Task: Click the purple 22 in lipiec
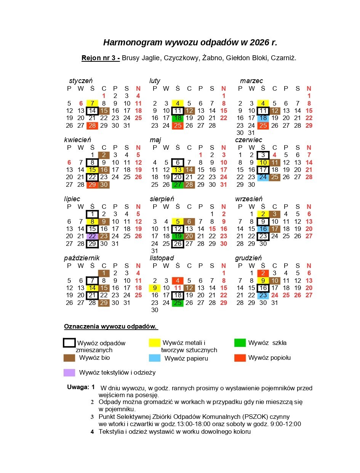point(92,236)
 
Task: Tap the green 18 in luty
point(178,118)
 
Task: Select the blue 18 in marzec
point(263,118)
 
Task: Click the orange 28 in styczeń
point(92,125)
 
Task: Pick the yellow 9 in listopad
point(155,288)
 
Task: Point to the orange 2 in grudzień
point(263,273)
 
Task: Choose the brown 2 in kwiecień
point(104,155)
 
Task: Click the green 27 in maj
point(178,184)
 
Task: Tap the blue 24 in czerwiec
point(263,177)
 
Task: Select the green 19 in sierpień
point(178,236)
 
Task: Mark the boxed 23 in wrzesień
point(263,236)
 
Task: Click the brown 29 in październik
point(104,303)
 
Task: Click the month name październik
point(82,258)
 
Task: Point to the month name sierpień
point(162,199)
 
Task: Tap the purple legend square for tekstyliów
point(69,372)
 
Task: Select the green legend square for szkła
point(240,343)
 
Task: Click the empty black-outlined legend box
point(69,343)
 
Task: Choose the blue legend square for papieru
point(155,358)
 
